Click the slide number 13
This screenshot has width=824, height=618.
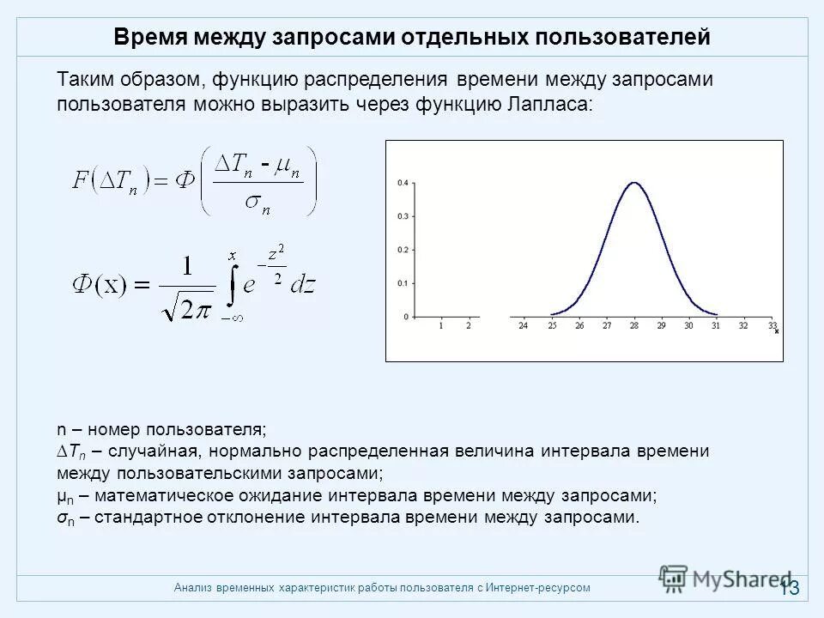pyautogui.click(x=789, y=588)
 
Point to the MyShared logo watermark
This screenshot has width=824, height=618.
pyautogui.click(x=725, y=578)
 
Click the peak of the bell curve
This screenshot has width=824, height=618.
pyautogui.click(x=633, y=182)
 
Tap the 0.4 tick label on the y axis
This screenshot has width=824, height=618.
pyautogui.click(x=403, y=183)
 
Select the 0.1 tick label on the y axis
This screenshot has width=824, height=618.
pyautogui.click(x=403, y=283)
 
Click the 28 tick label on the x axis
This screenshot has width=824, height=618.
pyautogui.click(x=633, y=326)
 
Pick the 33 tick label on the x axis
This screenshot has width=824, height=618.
pyautogui.click(x=772, y=326)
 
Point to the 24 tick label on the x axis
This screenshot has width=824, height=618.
pyautogui.click(x=524, y=326)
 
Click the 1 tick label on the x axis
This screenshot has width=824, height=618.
pyautogui.click(x=441, y=326)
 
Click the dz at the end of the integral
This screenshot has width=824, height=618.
pyautogui.click(x=303, y=286)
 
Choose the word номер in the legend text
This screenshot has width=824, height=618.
pyautogui.click(x=115, y=428)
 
